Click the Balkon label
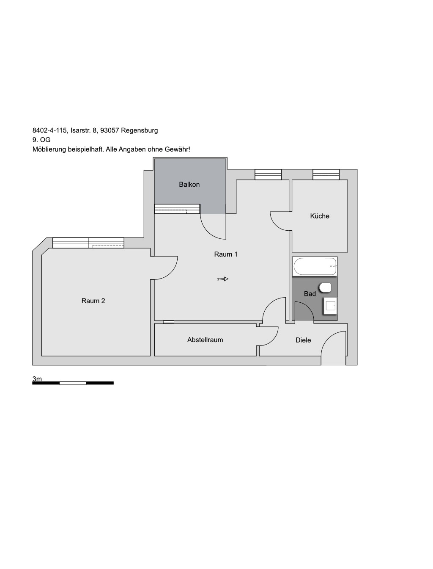click(x=189, y=185)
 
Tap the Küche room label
click(x=320, y=216)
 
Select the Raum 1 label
click(x=226, y=254)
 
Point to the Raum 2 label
click(x=93, y=301)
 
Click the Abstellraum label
click(x=205, y=340)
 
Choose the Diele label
click(x=303, y=340)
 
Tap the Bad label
click(x=310, y=294)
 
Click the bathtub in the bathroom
click(x=315, y=266)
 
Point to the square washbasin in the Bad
click(x=330, y=306)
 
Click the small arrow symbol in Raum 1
click(x=223, y=279)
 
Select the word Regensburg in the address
click(x=140, y=130)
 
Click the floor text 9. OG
click(x=41, y=140)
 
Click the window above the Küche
click(x=326, y=174)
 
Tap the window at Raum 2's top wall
click(x=88, y=243)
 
